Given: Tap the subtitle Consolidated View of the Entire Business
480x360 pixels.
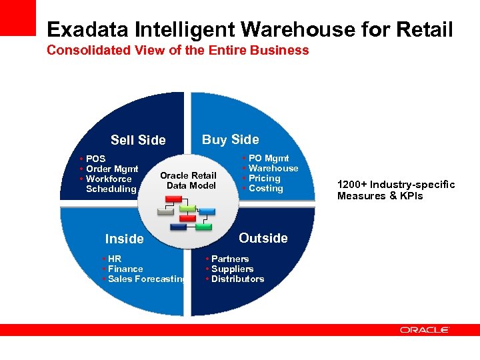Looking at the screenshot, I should [178, 50].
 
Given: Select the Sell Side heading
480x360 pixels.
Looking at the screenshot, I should [138, 140].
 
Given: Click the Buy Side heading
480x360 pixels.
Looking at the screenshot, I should [230, 139].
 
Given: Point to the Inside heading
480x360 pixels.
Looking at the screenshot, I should [125, 239].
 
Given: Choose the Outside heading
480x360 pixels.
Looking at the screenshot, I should [263, 238].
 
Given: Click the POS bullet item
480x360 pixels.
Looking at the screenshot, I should [95, 159].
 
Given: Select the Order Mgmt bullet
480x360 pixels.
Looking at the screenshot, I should [112, 169].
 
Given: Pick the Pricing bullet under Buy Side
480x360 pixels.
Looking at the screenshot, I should [264, 178].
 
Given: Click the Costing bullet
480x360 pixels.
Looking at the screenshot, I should [265, 188].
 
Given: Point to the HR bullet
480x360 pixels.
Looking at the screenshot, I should [115, 259].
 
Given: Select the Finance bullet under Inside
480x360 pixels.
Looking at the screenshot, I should [125, 269].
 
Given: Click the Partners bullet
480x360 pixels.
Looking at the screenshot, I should [230, 259].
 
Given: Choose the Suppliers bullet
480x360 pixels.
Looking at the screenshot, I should [232, 269].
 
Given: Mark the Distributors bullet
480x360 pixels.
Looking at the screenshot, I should [237, 279].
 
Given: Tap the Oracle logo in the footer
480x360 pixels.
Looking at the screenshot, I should [425, 329].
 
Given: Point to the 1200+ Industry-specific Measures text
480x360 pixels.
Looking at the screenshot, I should [396, 190].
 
